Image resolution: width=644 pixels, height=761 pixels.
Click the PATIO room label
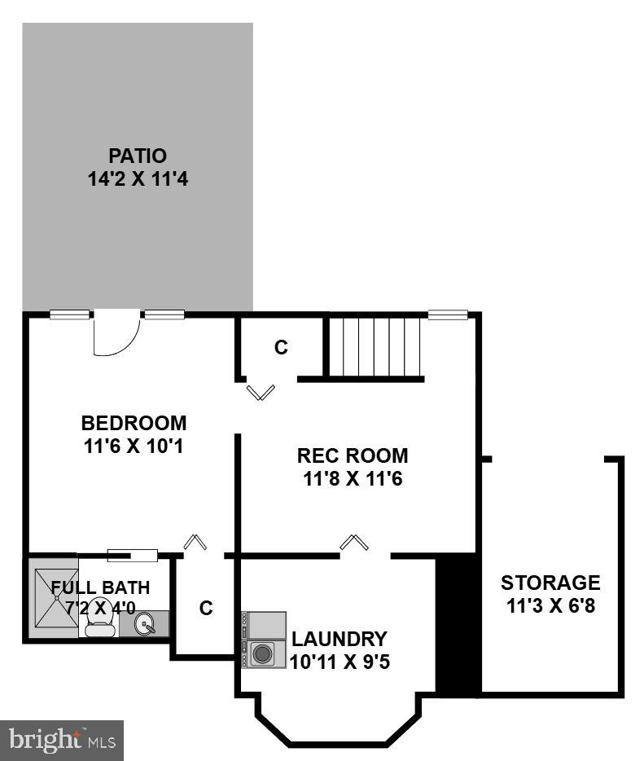click(138, 156)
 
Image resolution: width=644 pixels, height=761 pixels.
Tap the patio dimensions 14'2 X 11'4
click(138, 179)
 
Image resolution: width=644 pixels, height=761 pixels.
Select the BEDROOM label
click(134, 424)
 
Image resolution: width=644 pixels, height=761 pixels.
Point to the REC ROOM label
click(353, 455)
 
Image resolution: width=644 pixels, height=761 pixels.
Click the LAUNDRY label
click(340, 639)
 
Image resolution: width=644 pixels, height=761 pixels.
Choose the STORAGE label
click(550, 583)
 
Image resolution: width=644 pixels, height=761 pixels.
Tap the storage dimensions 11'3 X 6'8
click(550, 606)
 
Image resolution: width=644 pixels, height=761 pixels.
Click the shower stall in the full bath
click(53, 597)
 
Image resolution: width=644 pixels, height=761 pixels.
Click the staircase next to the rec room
click(375, 347)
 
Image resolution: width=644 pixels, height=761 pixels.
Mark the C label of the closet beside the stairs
click(281, 348)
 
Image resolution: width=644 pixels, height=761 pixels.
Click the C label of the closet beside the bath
click(206, 608)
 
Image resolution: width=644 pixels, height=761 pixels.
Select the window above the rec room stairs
click(449, 315)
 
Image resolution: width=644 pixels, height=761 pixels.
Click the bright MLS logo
click(62, 741)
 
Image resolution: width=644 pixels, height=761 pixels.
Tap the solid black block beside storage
click(458, 625)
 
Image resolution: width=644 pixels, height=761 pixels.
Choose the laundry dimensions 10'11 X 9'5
click(340, 662)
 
